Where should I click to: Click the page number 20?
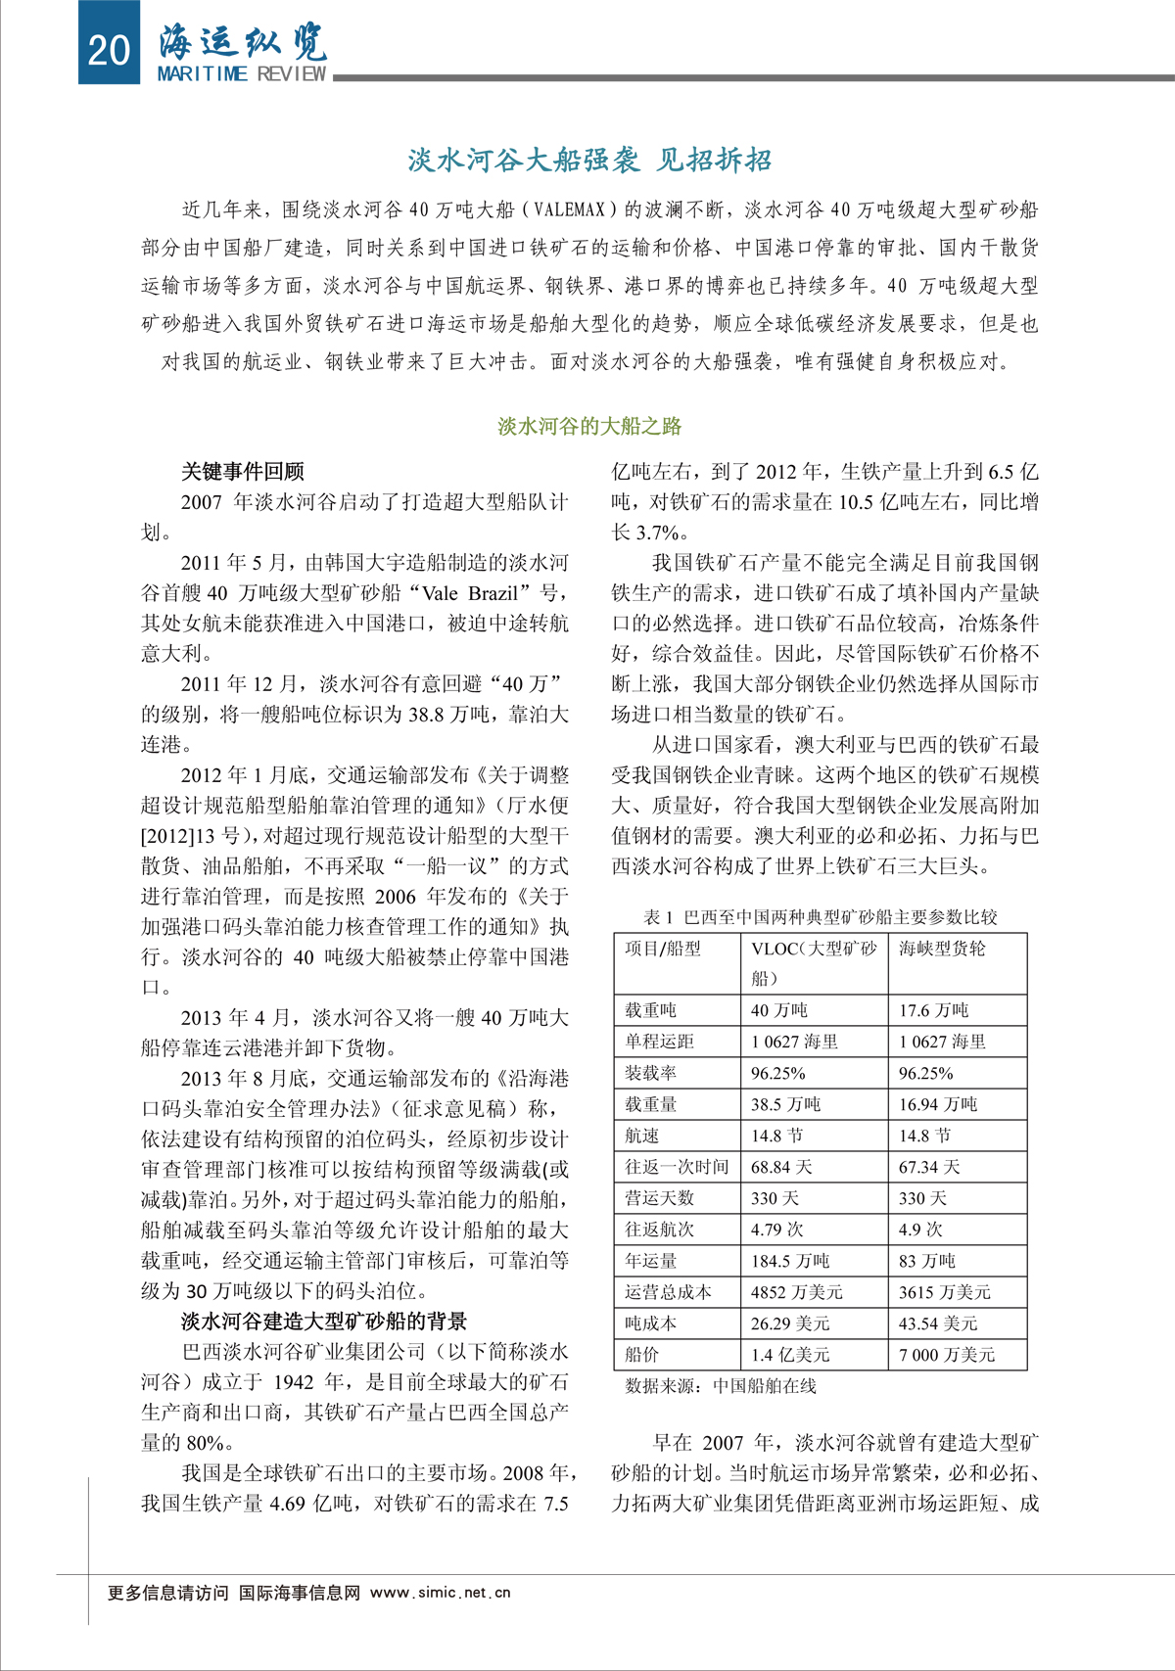pos(109,48)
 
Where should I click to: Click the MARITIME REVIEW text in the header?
pos(241,74)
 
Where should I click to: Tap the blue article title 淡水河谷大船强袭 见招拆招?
pos(588,161)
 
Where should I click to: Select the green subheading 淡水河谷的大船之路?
pos(588,426)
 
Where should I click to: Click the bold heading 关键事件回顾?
pos(242,472)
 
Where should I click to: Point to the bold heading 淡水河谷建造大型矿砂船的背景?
pos(324,1322)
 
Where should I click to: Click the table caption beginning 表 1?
pos(820,917)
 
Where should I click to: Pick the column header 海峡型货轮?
pos(942,949)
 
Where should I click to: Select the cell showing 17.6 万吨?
pos(933,1010)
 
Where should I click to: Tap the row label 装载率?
pos(650,1073)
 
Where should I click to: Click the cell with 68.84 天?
pos(781,1167)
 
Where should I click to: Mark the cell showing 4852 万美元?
pos(796,1292)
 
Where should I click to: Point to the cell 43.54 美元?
pos(937,1323)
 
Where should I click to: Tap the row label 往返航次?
pos(659,1230)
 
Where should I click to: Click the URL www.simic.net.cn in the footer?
pos(440,1593)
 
